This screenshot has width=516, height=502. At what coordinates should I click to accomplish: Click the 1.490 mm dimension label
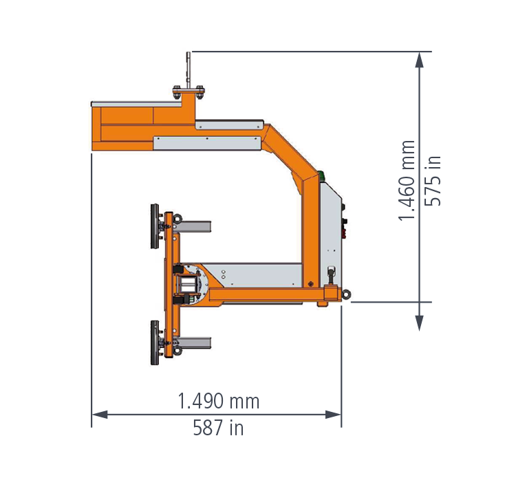218,401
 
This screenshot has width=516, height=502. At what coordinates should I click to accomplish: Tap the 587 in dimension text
218,428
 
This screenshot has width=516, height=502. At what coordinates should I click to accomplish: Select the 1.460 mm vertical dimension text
407,180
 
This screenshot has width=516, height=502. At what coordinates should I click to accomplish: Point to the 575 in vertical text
433,181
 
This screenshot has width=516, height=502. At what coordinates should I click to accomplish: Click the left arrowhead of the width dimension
99,415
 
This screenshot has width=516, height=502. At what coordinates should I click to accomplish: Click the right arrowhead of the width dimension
333,415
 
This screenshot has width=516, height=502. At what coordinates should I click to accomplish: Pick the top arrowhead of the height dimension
419,60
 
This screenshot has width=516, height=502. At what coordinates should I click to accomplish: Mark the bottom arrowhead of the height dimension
419,323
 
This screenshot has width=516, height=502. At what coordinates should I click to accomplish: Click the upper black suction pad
155,226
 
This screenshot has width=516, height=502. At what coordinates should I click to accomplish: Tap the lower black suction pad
155,342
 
